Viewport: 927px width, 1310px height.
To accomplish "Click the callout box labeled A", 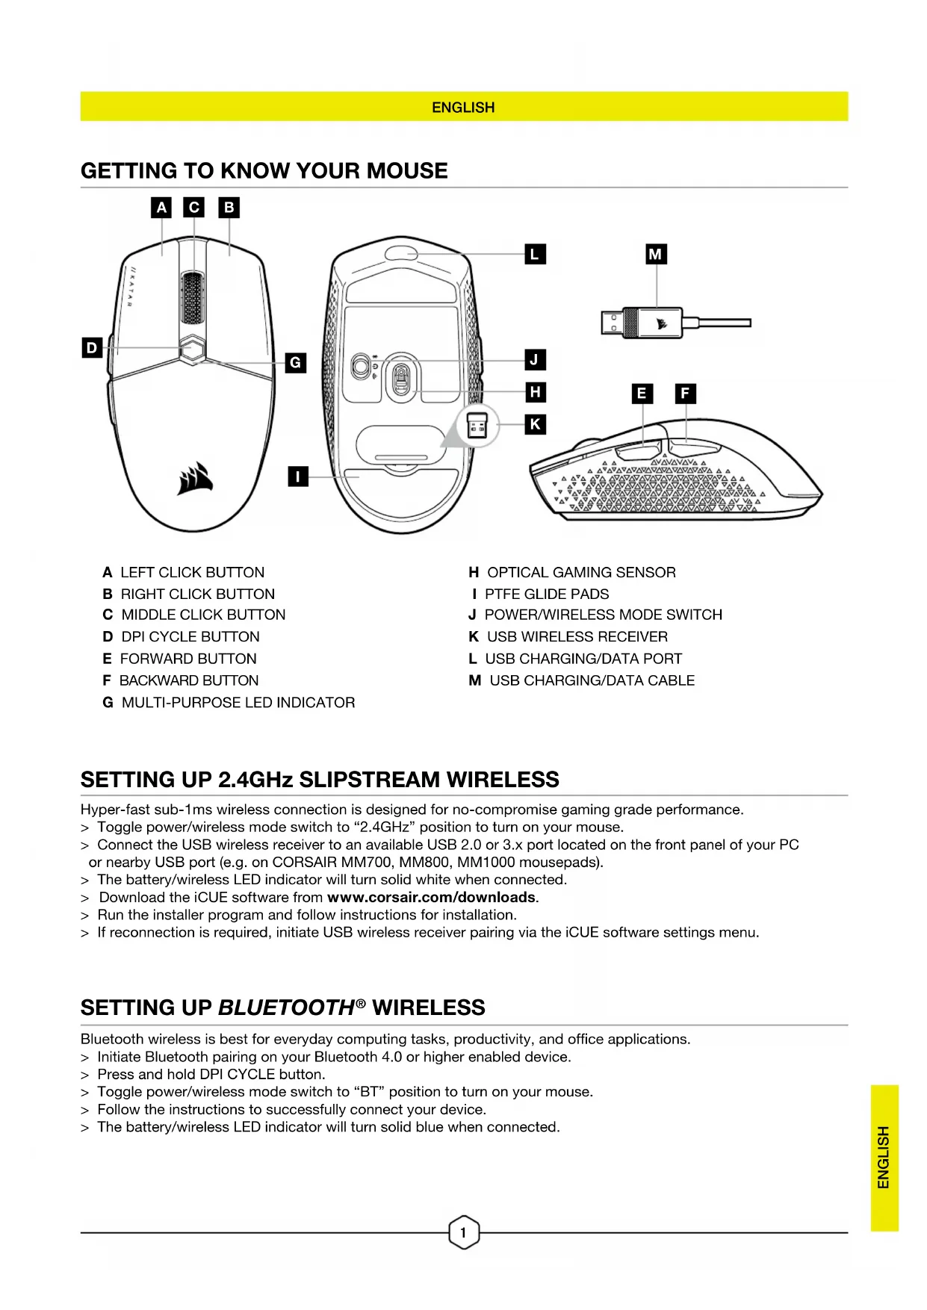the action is pyautogui.click(x=161, y=208).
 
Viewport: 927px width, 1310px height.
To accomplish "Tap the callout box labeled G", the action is pyautogui.click(x=296, y=363).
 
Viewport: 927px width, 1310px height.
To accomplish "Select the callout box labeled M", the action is pyautogui.click(x=655, y=254).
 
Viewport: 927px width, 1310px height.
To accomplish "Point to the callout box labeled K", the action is pyautogui.click(x=535, y=424).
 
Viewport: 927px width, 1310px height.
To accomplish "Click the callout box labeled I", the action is pyautogui.click(x=298, y=476).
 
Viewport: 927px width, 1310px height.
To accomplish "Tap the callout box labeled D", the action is pyautogui.click(x=92, y=347).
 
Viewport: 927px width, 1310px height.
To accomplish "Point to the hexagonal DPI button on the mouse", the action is pyautogui.click(x=193, y=348).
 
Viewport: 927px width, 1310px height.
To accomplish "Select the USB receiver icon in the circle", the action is pyautogui.click(x=477, y=426).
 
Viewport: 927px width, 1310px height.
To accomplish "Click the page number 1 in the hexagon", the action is pyautogui.click(x=463, y=1232).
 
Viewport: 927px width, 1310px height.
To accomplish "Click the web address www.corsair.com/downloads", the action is pyautogui.click(x=432, y=897).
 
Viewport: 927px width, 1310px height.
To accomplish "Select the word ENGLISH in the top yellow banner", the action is pyautogui.click(x=463, y=108).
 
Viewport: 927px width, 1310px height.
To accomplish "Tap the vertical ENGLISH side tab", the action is pyautogui.click(x=884, y=1157).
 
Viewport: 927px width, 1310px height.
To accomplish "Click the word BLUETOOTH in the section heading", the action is pyautogui.click(x=286, y=1008).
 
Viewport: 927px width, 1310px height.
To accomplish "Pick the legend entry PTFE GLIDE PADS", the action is pyautogui.click(x=546, y=594).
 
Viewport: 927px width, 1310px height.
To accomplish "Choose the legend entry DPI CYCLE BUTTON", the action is pyautogui.click(x=190, y=636).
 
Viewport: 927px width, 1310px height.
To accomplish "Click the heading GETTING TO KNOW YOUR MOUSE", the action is pyautogui.click(x=264, y=171).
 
